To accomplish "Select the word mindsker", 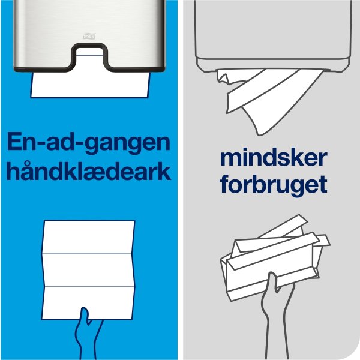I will [274, 160].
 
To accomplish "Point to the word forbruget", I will [274, 184].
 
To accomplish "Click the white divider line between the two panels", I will [181, 180].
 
